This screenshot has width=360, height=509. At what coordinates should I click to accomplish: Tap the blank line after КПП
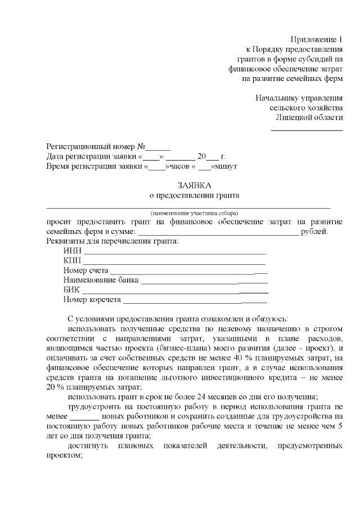tap(174, 263)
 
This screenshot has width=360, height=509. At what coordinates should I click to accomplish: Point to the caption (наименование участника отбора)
tap(193, 213)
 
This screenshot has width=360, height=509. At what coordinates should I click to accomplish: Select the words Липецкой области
tap(309, 117)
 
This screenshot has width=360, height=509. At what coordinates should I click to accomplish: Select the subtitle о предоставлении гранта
tap(193, 195)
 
